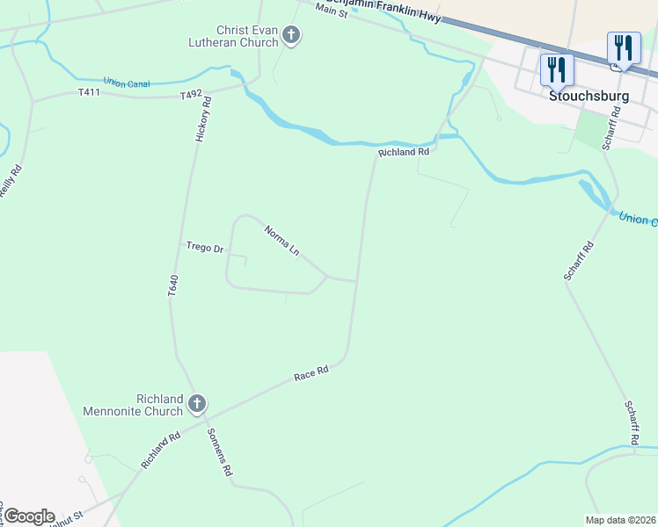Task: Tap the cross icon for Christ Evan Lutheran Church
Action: click(292, 36)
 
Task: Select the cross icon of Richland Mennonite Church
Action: click(197, 404)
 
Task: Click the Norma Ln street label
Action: click(282, 241)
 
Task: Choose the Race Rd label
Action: click(311, 373)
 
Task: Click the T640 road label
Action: click(173, 285)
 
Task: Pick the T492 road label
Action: click(192, 94)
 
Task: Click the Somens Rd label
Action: click(219, 451)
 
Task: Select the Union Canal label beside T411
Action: click(126, 83)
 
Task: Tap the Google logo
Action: click(28, 516)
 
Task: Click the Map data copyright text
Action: click(619, 520)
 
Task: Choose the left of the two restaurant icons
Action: click(556, 69)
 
